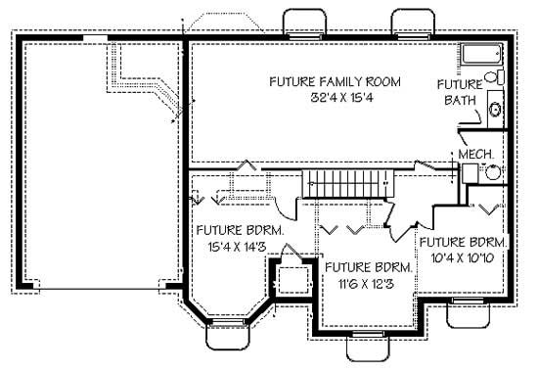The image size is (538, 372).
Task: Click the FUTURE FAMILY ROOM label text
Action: point(321,82)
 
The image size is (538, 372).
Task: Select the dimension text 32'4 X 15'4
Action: point(321,98)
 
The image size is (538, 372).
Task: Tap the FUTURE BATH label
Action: point(460,92)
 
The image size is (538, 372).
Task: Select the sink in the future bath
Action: point(495,110)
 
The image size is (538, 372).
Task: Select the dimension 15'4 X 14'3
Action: point(239,247)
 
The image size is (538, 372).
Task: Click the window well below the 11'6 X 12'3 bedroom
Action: point(369,347)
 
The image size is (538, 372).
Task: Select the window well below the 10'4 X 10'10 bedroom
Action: point(464,313)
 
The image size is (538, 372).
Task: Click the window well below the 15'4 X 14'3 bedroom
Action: point(228,333)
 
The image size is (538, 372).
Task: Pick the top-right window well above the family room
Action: point(411,23)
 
